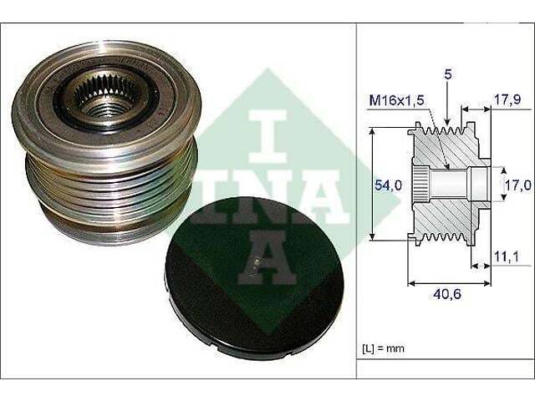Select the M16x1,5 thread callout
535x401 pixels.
click(x=396, y=101)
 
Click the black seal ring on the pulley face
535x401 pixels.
click(x=63, y=104)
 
